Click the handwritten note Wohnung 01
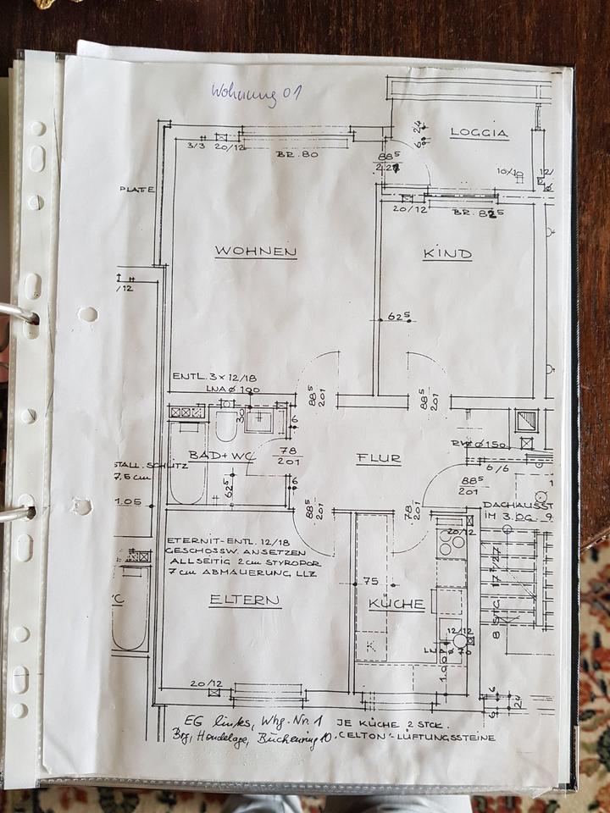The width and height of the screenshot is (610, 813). pyautogui.click(x=255, y=91)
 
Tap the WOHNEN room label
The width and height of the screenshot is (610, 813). pyautogui.click(x=255, y=252)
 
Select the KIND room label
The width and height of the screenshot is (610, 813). pyautogui.click(x=447, y=253)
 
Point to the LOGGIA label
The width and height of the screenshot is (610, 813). pyautogui.click(x=479, y=133)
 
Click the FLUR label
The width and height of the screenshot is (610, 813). pyautogui.click(x=379, y=459)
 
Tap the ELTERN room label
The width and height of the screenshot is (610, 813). pyautogui.click(x=244, y=600)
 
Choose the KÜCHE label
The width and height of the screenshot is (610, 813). pyautogui.click(x=396, y=605)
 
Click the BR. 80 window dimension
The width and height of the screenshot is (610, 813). pyautogui.click(x=297, y=154)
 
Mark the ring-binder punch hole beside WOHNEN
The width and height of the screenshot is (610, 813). pyautogui.click(x=87, y=314)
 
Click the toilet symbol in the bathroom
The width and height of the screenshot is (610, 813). pyautogui.click(x=225, y=426)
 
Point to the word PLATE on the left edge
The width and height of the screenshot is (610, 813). pyautogui.click(x=136, y=189)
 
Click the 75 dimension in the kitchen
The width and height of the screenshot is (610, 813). pyautogui.click(x=369, y=581)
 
